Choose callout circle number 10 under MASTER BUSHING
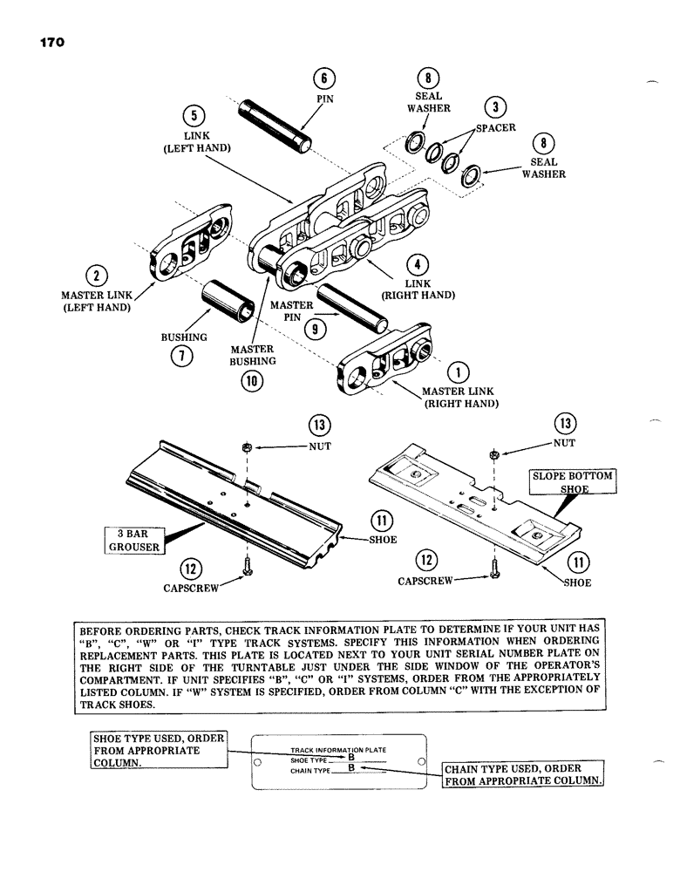251,380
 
